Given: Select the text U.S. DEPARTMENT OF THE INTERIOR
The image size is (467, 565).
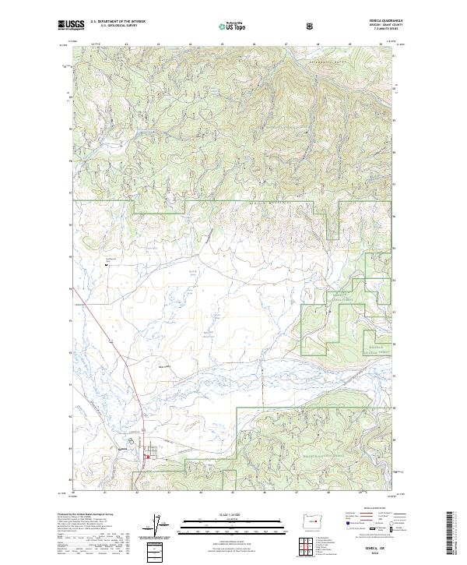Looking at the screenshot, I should point(118,22).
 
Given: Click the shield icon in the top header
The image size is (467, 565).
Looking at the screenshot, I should point(311,25).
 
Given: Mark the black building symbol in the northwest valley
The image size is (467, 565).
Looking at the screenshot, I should point(107,265).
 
